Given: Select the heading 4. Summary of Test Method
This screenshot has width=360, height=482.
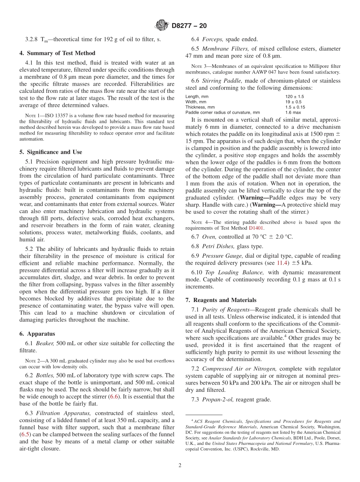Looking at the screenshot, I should [x=57, y=53].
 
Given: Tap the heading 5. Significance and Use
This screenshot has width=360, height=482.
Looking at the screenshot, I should [x=51, y=152].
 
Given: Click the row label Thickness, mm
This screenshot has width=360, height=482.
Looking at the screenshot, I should [x=200, y=107].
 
